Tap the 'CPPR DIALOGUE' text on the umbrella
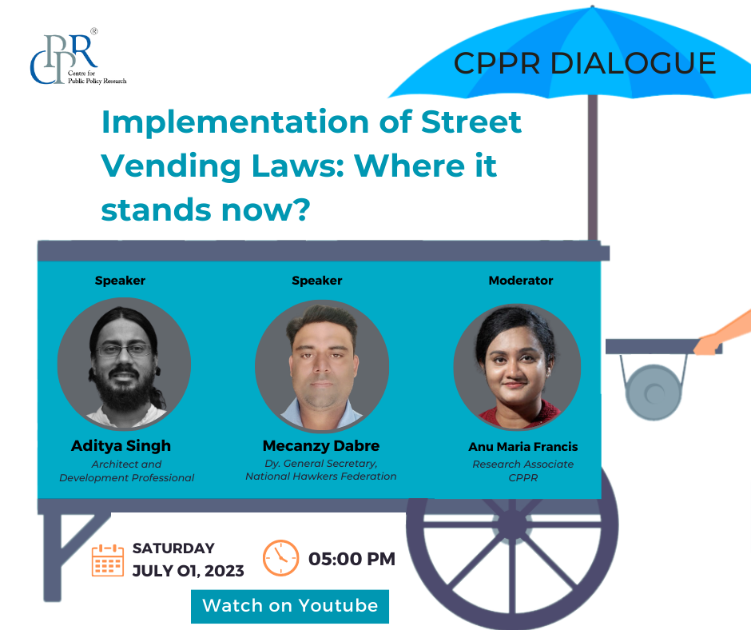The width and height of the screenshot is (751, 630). coord(585,63)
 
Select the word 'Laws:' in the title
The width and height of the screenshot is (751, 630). coord(298,165)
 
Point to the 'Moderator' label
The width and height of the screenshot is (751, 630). coord(521,281)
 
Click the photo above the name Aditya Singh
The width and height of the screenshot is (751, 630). coord(124,363)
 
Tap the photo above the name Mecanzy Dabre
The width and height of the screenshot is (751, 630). coord(322,365)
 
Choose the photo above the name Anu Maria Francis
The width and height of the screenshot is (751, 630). coord(517,367)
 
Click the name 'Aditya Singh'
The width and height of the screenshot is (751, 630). coord(121,446)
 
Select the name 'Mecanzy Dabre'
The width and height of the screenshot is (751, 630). coord(321,446)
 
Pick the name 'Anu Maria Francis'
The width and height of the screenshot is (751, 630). coord(523,447)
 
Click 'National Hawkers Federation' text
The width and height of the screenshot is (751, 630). coord(321,476)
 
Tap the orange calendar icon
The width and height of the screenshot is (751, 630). coord(108,560)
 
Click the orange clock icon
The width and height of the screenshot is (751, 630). coord(280,558)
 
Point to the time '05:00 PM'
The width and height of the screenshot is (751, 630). coord(352,559)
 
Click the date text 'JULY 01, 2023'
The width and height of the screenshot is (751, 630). coord(189,571)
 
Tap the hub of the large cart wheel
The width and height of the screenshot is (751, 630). coord(512,525)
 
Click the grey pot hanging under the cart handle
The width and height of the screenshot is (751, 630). coord(654,393)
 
